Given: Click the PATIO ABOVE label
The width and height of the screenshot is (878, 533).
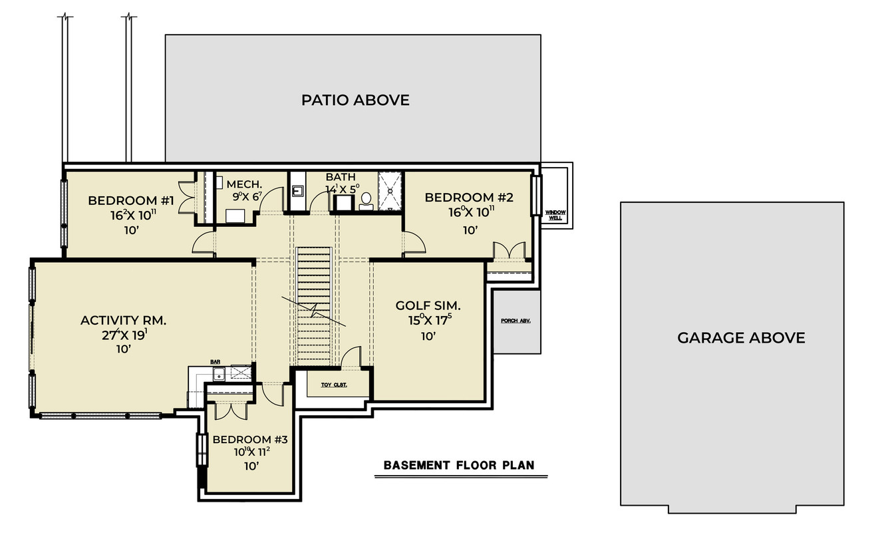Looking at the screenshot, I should pos(355,100).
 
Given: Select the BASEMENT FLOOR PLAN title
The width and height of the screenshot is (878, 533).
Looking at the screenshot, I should pos(459,465).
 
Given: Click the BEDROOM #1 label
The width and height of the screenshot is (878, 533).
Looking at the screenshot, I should pos(130,200).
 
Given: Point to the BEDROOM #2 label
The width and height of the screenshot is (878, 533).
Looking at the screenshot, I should pos(468,197).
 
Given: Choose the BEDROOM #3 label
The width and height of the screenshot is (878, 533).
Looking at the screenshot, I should pos(250,439).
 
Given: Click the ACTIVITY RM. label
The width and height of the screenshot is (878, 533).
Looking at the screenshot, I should pos(123,320).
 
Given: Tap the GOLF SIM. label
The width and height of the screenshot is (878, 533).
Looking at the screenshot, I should pos(428,305).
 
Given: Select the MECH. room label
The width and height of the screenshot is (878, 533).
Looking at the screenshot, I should pos(244,184).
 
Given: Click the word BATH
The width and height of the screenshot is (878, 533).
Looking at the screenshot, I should pos(340,177).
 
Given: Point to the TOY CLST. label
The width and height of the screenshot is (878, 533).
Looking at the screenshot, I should pos(334,385).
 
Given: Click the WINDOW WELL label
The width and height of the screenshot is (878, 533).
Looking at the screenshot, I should pos(554,214).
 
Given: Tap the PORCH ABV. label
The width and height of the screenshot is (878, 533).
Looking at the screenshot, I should pos(515,320).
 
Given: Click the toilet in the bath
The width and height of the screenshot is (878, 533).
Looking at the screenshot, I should pos(366,200).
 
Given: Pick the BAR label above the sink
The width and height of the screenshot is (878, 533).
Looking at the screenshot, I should pos(216,361).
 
